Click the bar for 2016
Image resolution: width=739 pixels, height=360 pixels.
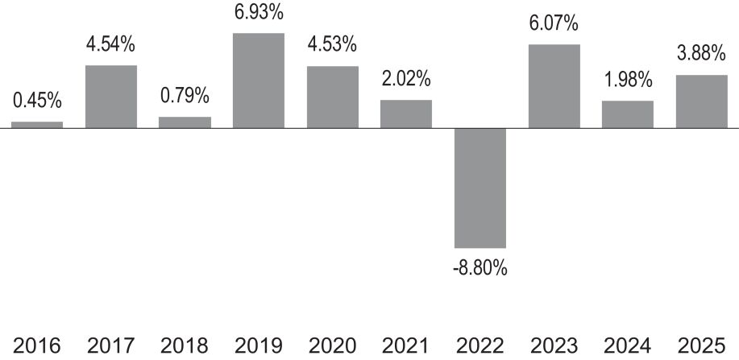pyautogui.click(x=37, y=125)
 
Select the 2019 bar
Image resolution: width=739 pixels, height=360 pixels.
pyautogui.click(x=259, y=81)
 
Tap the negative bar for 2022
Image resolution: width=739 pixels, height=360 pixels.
pyautogui.click(x=480, y=188)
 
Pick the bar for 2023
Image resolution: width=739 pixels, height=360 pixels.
pyautogui.click(x=554, y=86)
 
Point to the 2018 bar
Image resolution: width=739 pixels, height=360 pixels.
pyautogui.click(x=185, y=122)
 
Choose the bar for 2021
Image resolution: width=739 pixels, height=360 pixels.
pyautogui.click(x=406, y=114)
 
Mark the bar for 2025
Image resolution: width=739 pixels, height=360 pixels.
pyautogui.click(x=702, y=101)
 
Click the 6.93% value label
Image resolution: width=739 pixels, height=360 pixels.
pyautogui.click(x=259, y=12)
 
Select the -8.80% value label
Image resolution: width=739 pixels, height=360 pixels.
pyautogui.click(x=480, y=269)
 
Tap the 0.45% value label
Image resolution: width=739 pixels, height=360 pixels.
pyautogui.click(x=37, y=101)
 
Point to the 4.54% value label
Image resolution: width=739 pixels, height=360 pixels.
pyautogui.click(x=110, y=45)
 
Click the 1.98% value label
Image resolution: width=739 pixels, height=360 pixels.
pyautogui.click(x=628, y=80)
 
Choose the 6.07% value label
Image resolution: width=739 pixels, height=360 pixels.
pyautogui.click(x=554, y=23)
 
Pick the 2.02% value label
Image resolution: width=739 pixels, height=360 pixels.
pyautogui.click(x=406, y=79)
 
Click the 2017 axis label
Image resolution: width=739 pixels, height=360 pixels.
pyautogui.click(x=110, y=346)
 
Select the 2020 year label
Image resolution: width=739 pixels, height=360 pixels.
pyautogui.click(x=332, y=346)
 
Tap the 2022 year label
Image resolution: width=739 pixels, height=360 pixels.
pyautogui.click(x=480, y=346)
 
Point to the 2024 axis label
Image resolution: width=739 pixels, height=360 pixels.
pyautogui.click(x=628, y=346)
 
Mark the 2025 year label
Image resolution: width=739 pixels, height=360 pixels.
pyautogui.click(x=701, y=346)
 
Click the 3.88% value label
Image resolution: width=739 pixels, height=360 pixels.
pyautogui.click(x=701, y=54)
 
